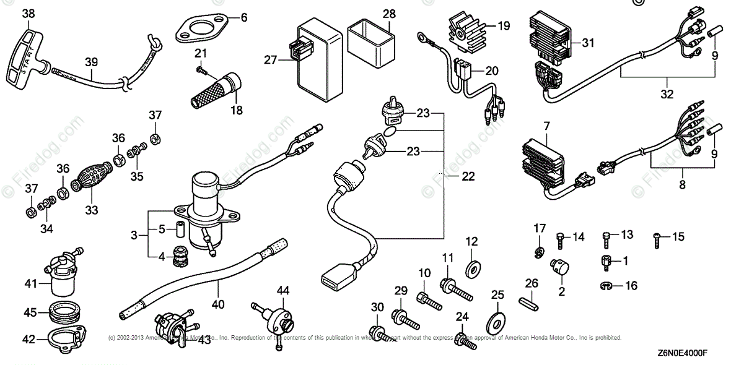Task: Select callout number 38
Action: coord(28,13)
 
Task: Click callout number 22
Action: coord(469,176)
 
